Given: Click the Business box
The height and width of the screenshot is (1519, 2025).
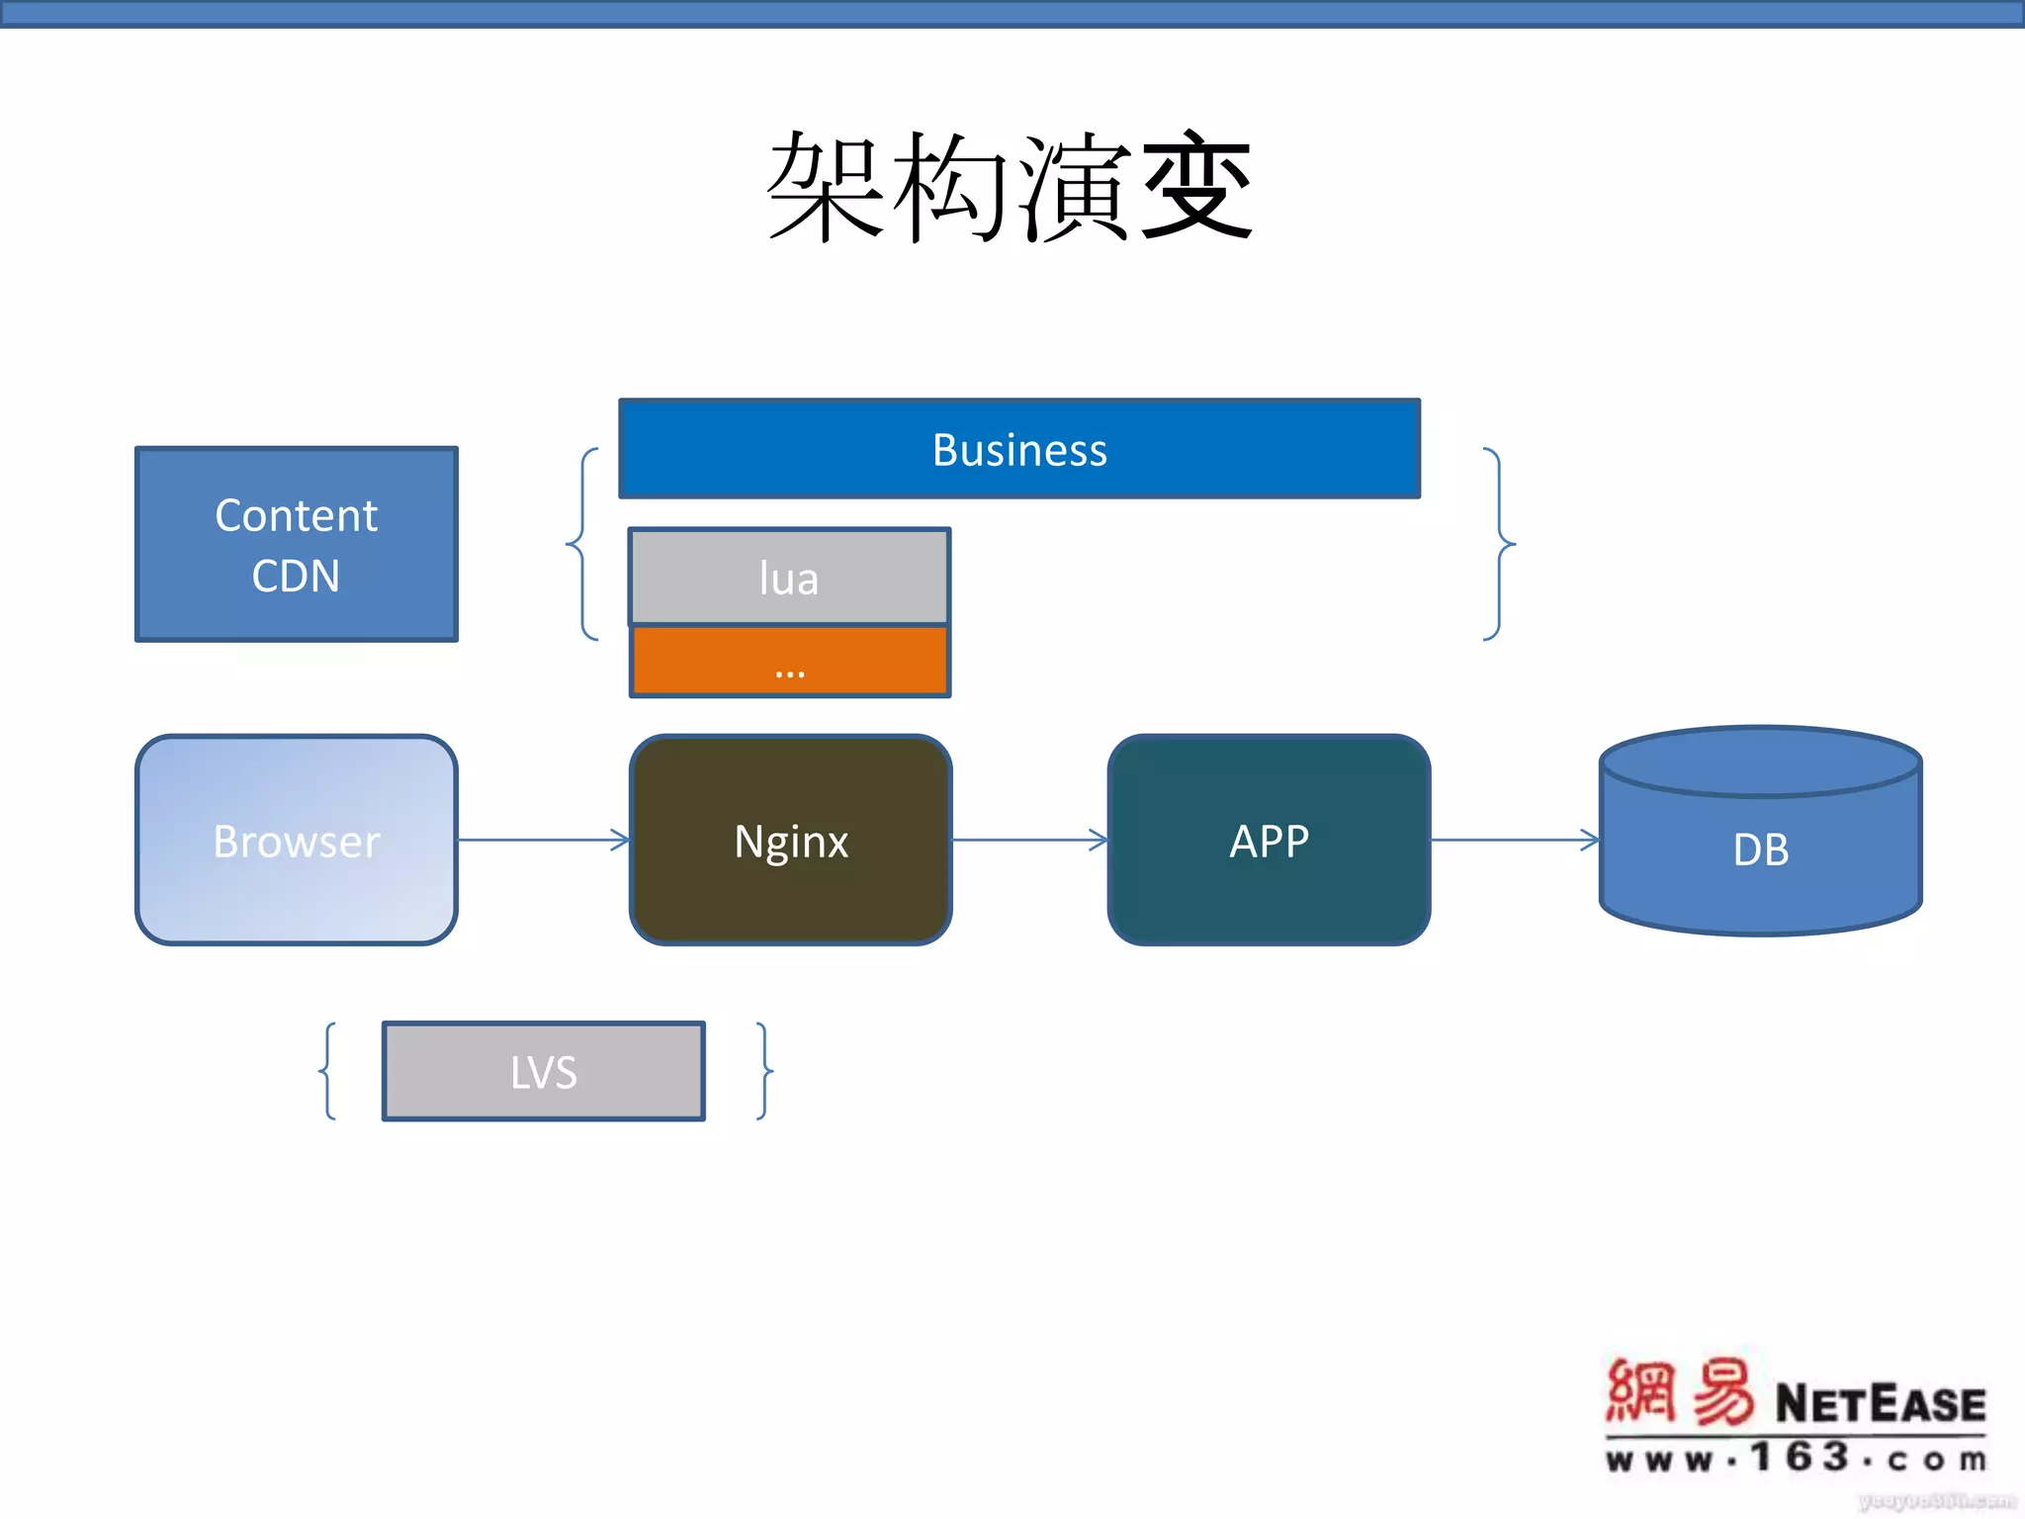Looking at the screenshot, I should pos(1019,449).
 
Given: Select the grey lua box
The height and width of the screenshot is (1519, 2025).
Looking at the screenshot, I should pos(789,578).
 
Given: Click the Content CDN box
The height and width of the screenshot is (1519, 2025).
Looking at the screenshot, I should pos(297,544).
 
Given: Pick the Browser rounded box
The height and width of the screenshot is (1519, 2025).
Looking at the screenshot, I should pos(297,841).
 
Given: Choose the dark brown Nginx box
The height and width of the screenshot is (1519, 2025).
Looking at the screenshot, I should pos(791,841).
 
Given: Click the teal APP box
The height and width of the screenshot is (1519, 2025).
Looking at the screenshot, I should pos(1269,841).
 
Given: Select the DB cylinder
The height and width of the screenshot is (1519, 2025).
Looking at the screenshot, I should pos(1760,849).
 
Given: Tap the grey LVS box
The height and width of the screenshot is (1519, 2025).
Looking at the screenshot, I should pos(544,1071).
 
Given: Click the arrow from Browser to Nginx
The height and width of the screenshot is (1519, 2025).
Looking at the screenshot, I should pos(544,841).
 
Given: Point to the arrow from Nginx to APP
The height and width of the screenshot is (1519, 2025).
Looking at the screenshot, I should pos(1028,841).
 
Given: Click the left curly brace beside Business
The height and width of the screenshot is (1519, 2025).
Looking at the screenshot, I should pos(582,544).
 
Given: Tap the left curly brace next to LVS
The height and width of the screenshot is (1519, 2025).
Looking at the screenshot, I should pos(328,1071).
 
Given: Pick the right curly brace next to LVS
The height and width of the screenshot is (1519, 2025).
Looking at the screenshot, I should pos(764,1071).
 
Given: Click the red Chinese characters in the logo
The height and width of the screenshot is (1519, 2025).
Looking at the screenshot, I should pos(1679,1392).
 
